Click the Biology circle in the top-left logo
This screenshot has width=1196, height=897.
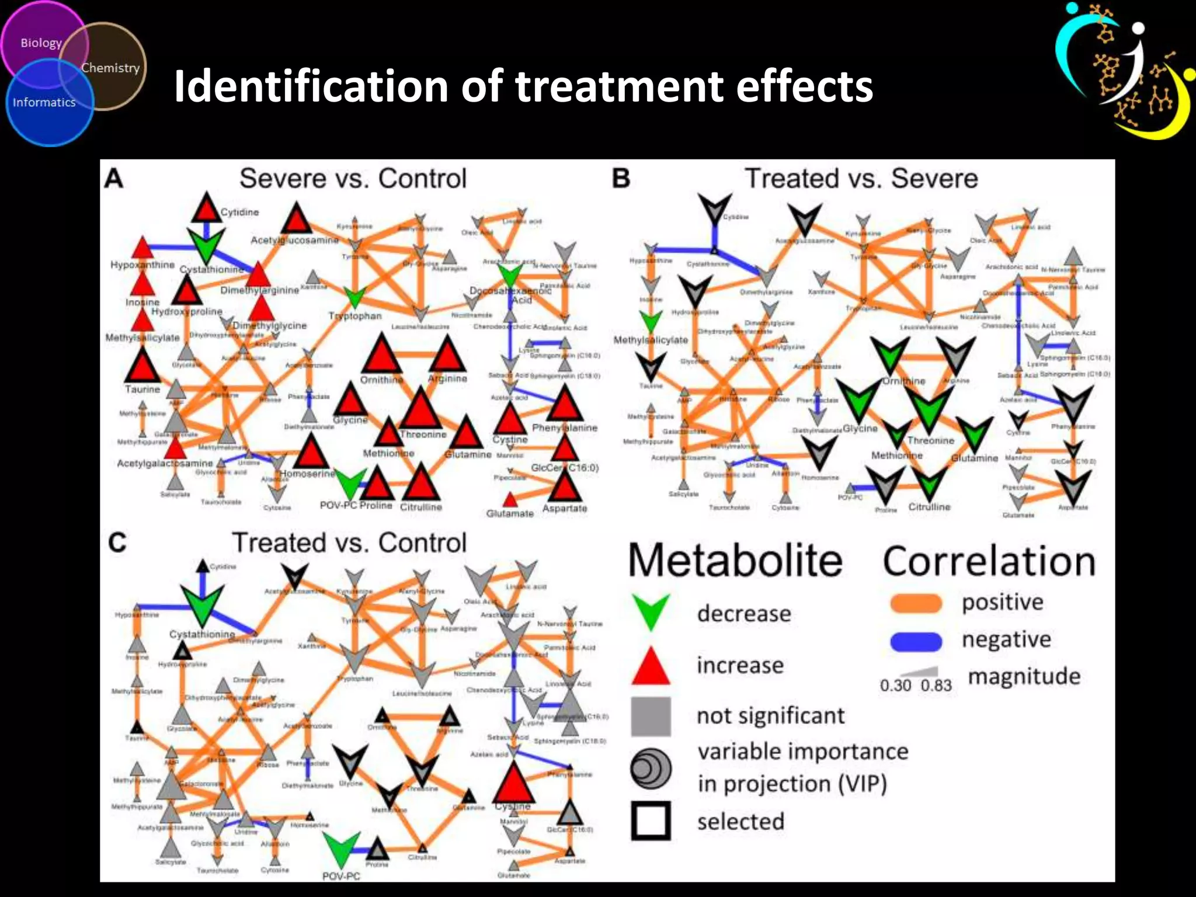click(x=41, y=43)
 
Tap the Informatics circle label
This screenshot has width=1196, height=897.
click(x=44, y=103)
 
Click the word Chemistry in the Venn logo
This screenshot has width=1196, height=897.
click(x=110, y=68)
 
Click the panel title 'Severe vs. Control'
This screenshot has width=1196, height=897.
click(x=353, y=179)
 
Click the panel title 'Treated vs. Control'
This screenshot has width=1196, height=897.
click(x=349, y=543)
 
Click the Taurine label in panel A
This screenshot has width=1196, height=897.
click(x=142, y=390)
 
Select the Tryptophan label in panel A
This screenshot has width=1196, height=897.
click(x=355, y=316)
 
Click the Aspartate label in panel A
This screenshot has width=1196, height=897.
click(x=564, y=509)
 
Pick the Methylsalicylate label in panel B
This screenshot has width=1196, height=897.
click(x=651, y=340)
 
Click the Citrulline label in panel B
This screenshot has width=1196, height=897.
click(x=929, y=507)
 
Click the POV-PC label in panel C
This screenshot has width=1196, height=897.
click(x=341, y=876)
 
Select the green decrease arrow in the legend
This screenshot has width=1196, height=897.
click(x=651, y=611)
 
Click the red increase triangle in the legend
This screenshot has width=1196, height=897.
click(x=651, y=667)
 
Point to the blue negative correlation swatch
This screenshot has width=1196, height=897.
click(x=916, y=641)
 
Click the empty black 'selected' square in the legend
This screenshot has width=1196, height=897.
click(x=651, y=820)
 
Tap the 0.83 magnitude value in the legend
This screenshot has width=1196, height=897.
click(x=936, y=686)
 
